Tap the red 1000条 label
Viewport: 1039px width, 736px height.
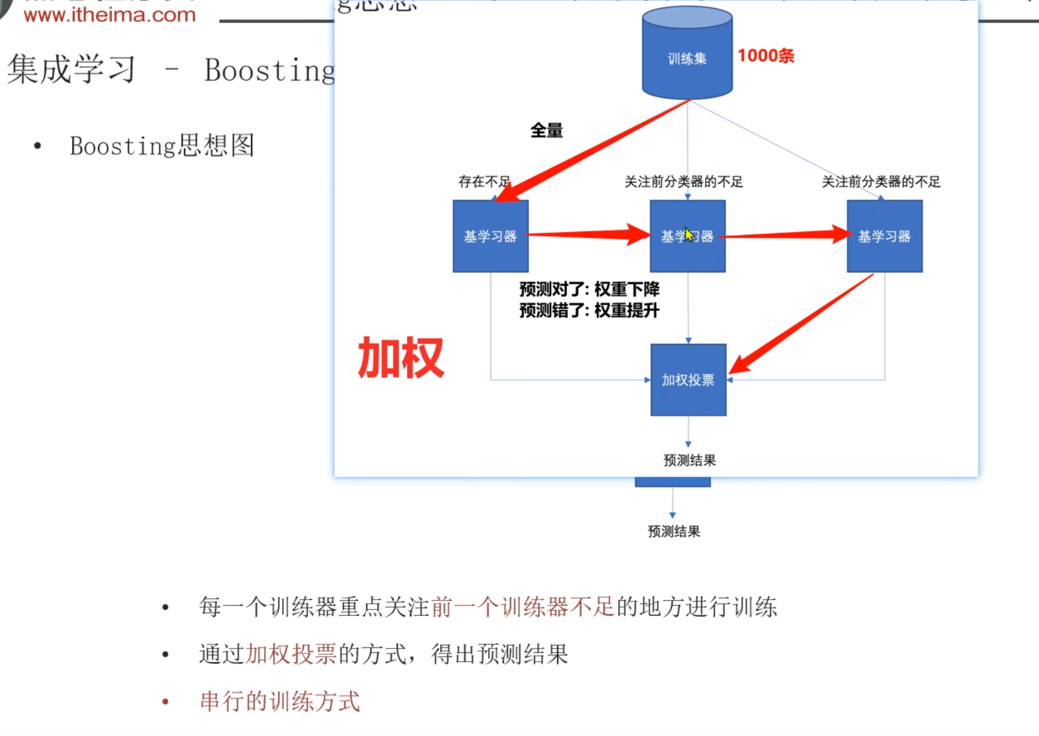[766, 56]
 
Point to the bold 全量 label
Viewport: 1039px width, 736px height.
[547, 130]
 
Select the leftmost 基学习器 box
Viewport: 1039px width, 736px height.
[491, 236]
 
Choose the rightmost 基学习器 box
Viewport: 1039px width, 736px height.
[884, 236]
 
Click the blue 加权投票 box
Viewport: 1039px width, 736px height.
[688, 380]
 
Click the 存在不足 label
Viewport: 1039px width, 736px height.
[484, 181]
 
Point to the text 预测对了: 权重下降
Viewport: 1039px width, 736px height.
[589, 289]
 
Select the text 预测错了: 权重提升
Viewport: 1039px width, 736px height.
[589, 310]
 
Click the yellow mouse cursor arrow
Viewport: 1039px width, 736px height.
[688, 234]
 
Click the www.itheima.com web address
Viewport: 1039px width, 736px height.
[109, 15]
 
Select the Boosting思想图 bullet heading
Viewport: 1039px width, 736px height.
[161, 146]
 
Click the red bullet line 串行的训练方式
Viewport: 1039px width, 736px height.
[279, 701]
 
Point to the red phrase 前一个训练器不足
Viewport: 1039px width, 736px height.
[522, 606]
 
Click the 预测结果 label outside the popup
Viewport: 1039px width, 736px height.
[674, 531]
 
